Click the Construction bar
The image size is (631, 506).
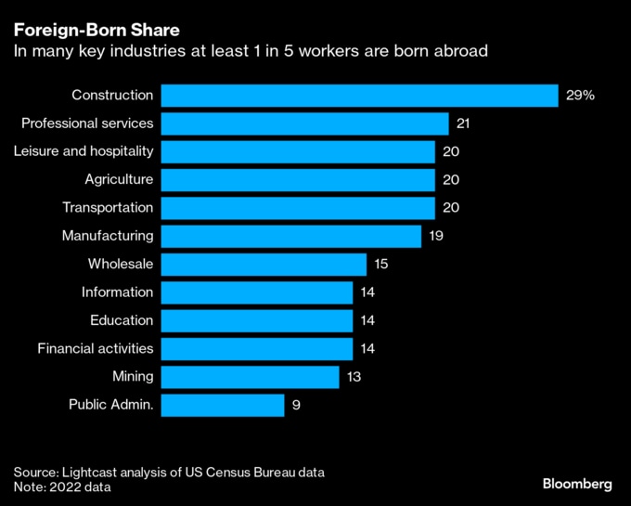pos(359,96)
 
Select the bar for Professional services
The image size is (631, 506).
pos(304,123)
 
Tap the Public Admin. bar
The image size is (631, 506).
pos(222,405)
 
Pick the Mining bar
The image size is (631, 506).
pos(250,377)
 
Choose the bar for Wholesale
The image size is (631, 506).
pos(264,265)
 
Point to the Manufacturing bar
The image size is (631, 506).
pos(290,236)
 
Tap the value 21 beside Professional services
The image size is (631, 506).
pos(464,123)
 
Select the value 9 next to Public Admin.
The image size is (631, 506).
pos(297,405)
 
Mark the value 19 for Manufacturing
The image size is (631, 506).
pos(436,236)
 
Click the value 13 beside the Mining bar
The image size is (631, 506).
pos(353,377)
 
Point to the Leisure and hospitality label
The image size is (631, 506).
pos(84,151)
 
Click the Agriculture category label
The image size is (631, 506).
pos(119,179)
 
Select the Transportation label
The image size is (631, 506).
pos(108,208)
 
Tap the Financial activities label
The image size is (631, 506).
pos(96,348)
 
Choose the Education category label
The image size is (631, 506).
pos(122,320)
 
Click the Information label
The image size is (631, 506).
pos(117,292)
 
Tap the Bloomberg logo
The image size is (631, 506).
pos(577,484)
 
